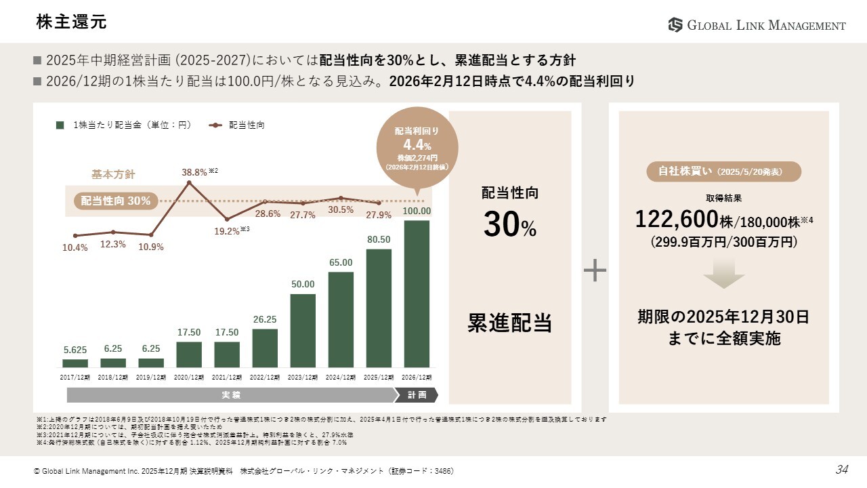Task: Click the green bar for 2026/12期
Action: tap(417, 293)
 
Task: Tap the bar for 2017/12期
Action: tap(75, 363)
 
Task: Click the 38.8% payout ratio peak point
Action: tap(188, 182)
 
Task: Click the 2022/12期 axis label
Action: tap(265, 377)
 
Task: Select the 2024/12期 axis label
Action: tap(341, 377)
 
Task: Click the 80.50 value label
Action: tap(379, 240)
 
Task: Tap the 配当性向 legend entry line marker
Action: tap(215, 125)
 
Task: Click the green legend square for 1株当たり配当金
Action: tap(60, 125)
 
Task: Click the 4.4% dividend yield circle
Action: tap(417, 146)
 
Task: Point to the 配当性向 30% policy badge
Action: tap(115, 201)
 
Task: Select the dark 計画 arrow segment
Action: tap(417, 394)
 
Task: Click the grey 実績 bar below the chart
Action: tap(230, 394)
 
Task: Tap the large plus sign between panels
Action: tap(595, 270)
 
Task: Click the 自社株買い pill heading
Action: tap(724, 171)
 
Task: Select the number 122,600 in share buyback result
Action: tap(676, 219)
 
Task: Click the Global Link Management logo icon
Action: tap(675, 25)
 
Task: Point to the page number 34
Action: tap(841, 470)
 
